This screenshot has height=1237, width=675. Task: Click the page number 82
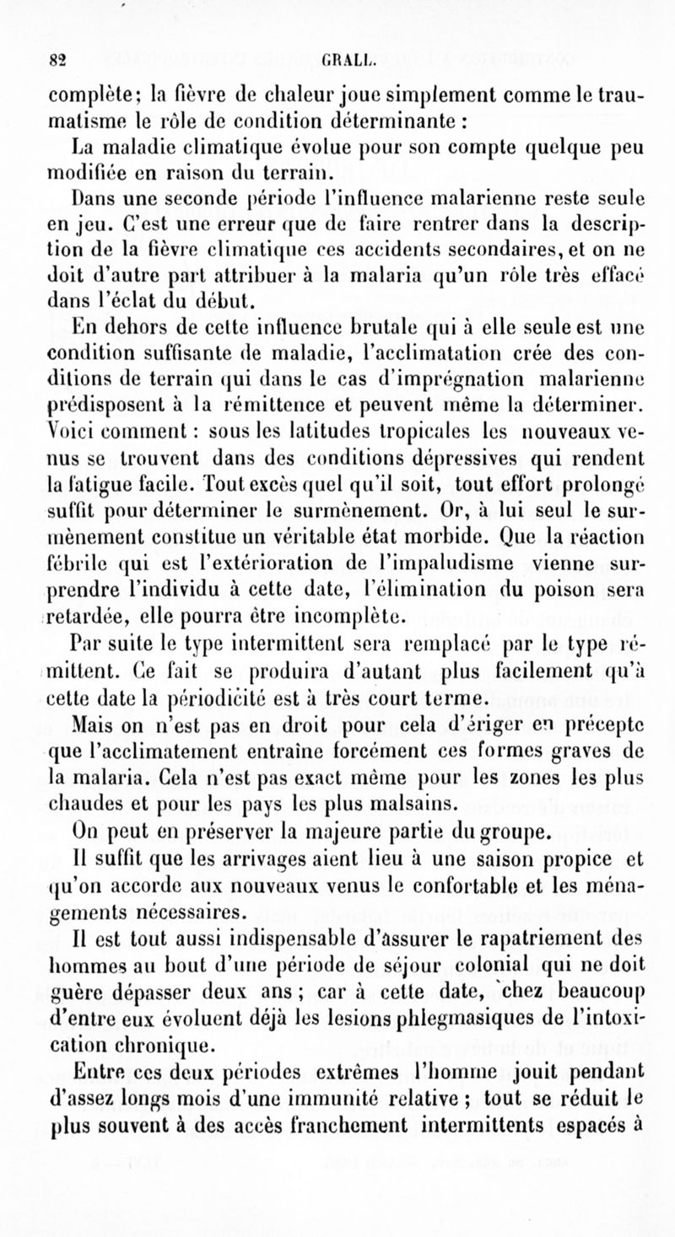pos(58,60)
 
